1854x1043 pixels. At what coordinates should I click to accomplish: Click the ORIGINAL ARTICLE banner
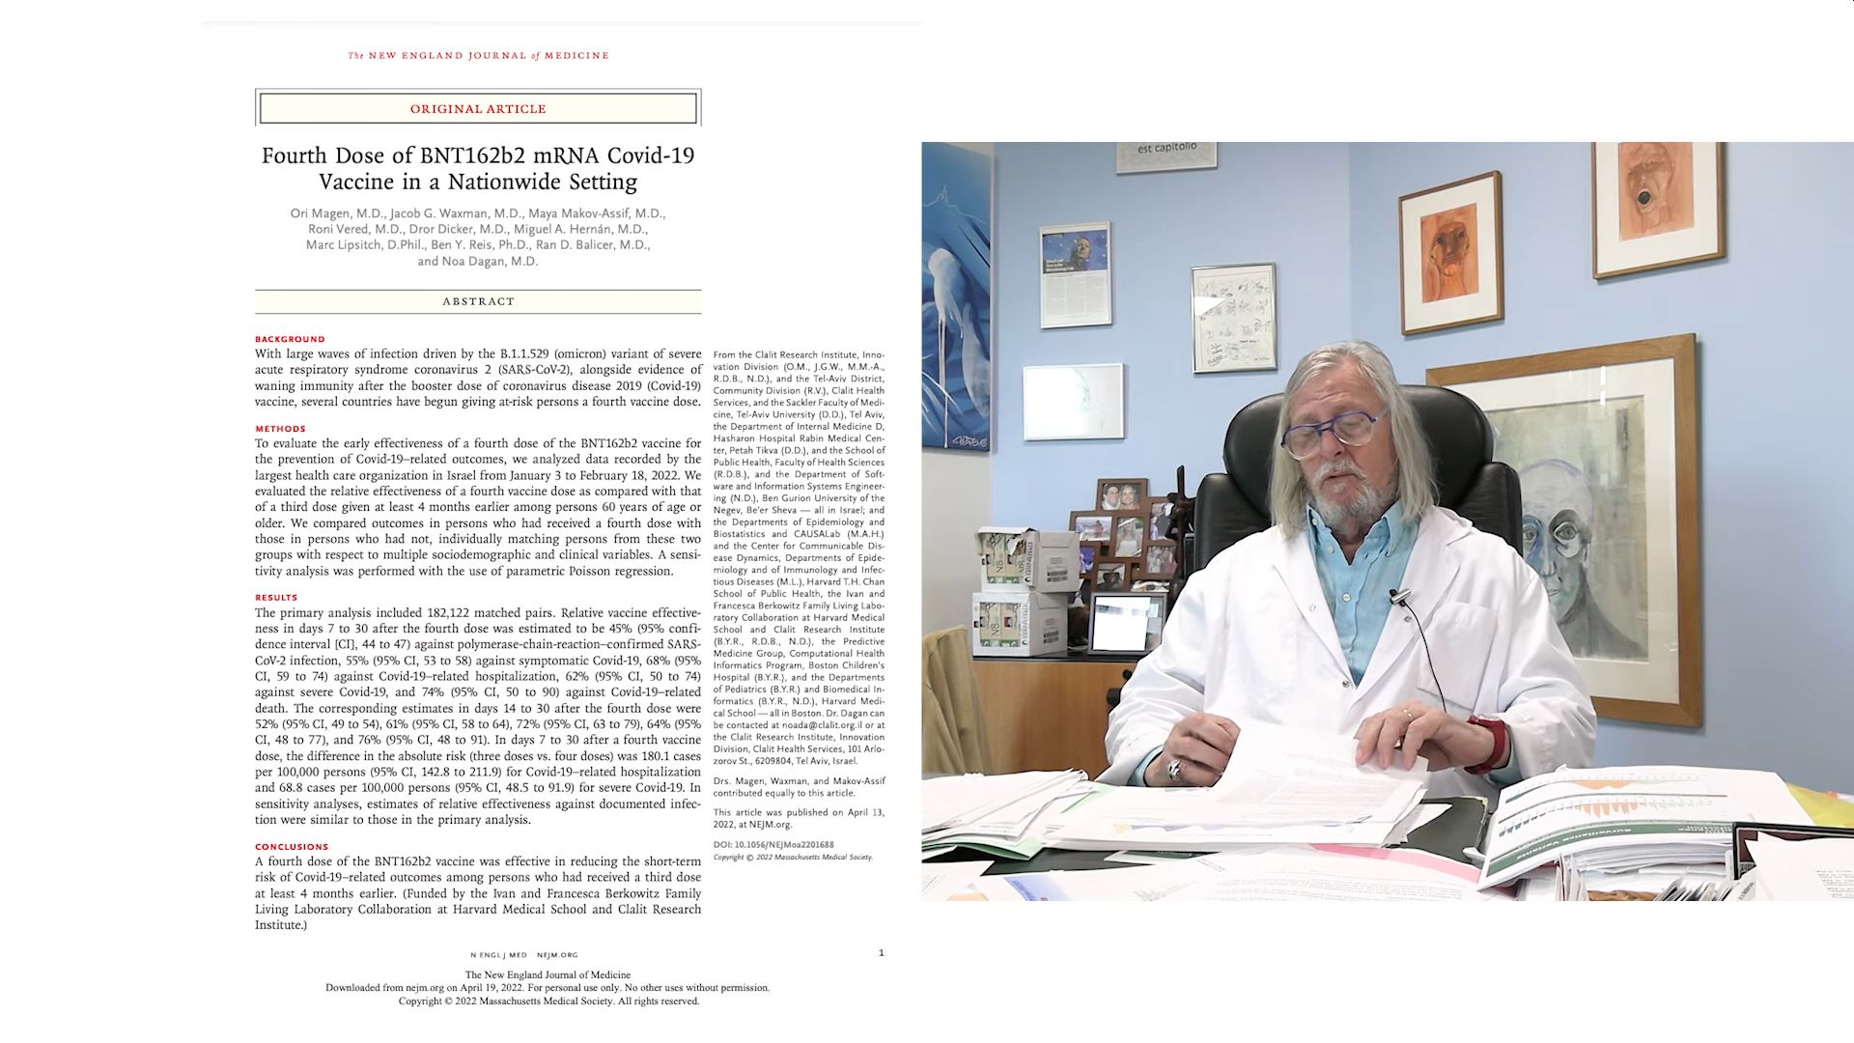[x=478, y=108]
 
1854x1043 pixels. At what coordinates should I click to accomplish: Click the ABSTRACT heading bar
[x=478, y=301]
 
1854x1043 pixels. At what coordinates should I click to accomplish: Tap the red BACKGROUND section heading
[x=290, y=339]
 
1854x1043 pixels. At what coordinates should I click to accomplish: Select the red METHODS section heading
[x=280, y=429]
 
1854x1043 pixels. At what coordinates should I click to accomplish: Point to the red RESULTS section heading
[x=276, y=598]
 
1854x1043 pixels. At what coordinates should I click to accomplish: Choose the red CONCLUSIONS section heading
[x=292, y=847]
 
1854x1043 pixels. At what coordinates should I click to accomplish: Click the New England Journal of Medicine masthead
[x=478, y=55]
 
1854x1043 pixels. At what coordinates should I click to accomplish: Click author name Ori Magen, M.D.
[x=336, y=213]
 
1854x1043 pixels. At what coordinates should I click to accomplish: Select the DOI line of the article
[x=773, y=844]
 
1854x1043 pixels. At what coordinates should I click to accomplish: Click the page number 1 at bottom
[x=881, y=953]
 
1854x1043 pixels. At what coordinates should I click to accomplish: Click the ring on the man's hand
[x=1174, y=770]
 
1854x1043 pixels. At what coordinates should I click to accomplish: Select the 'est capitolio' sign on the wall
[x=1166, y=152]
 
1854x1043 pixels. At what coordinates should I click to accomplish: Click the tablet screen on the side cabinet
[x=1126, y=622]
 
